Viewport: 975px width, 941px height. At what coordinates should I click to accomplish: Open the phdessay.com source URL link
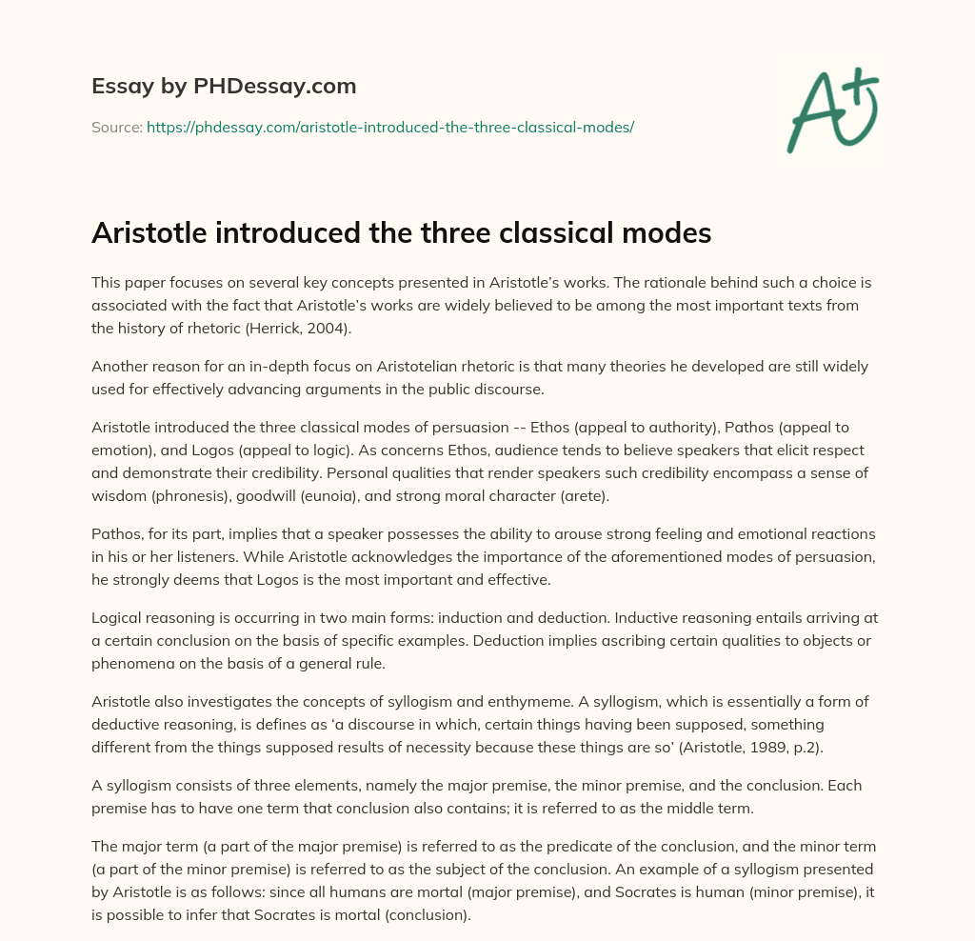pos(390,126)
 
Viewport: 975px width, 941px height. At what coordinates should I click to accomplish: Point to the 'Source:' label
pos(116,126)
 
